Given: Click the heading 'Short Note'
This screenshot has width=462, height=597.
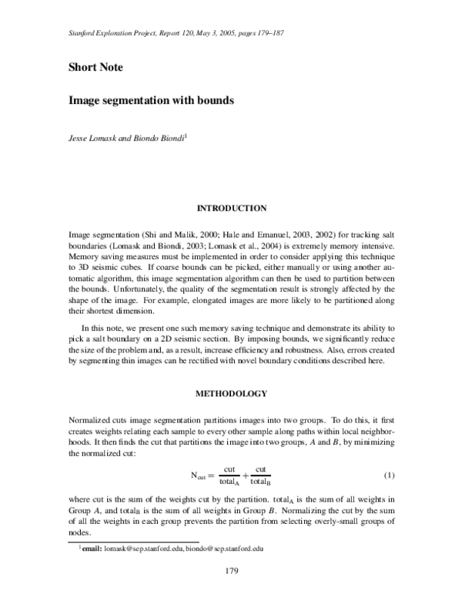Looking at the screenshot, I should [95, 67].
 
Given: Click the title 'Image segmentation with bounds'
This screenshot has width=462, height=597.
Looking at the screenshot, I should [151, 100].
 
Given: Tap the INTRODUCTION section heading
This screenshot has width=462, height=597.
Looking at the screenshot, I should [232, 208].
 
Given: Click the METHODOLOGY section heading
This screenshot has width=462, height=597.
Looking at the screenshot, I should [232, 394].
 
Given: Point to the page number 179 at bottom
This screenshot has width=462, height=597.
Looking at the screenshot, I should [232, 570].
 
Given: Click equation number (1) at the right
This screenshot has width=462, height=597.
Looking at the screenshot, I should [389, 475].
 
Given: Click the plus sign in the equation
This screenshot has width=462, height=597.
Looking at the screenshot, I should [245, 475].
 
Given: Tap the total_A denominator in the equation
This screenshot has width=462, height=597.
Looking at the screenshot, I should [229, 482].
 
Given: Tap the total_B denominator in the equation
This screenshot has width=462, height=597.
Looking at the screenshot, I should [261, 482].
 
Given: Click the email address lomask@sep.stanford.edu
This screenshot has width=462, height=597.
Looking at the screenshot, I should [142, 549].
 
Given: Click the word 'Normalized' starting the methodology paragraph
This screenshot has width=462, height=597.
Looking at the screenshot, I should [92, 421].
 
